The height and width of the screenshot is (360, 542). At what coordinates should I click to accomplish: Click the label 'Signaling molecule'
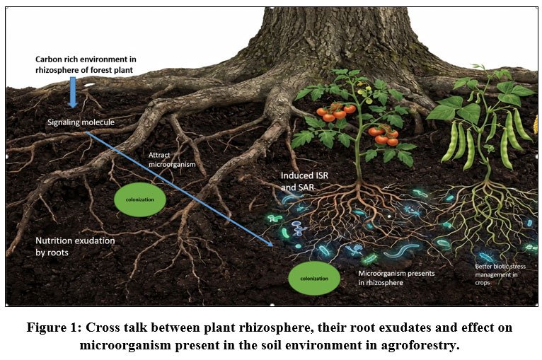[x=81, y=122]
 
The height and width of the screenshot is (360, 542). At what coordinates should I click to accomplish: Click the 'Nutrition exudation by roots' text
[x=75, y=246]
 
